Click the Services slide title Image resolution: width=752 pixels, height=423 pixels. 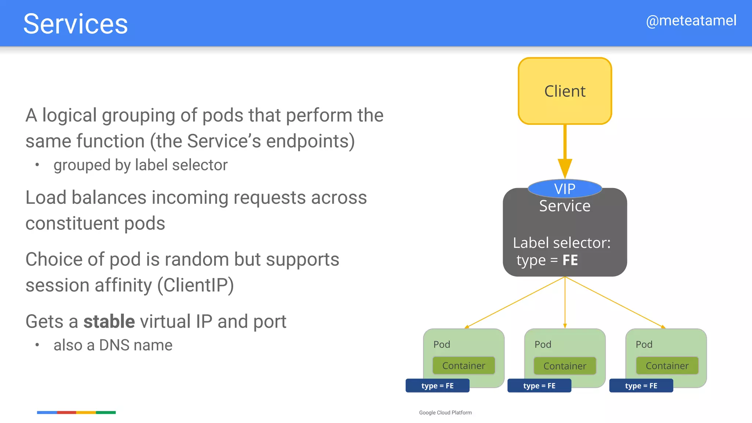(x=75, y=24)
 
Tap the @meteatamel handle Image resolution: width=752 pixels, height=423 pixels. (x=691, y=21)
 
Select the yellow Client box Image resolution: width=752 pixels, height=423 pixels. (x=565, y=91)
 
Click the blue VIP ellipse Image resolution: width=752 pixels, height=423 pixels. (x=565, y=189)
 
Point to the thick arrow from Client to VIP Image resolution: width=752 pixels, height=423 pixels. (x=565, y=147)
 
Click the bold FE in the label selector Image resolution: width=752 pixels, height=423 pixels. (x=570, y=260)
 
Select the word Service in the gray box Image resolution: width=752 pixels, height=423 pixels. (x=565, y=206)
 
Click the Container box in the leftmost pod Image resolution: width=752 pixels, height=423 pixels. (x=464, y=366)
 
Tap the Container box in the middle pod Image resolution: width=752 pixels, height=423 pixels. (x=565, y=366)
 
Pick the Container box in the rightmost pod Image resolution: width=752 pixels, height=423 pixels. (x=667, y=366)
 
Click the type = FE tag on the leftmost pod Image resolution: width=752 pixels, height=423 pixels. (x=437, y=386)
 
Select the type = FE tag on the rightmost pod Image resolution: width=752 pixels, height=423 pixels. (x=641, y=386)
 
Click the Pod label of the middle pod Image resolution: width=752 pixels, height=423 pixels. (x=543, y=344)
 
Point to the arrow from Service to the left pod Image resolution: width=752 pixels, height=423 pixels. (x=514, y=302)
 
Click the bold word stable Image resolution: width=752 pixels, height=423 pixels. (x=109, y=322)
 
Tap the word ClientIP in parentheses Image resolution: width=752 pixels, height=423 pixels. (x=196, y=285)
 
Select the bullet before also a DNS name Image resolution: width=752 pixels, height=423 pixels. (x=37, y=345)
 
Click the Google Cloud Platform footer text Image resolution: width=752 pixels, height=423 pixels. (x=445, y=413)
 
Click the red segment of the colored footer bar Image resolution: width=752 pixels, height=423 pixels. (x=66, y=412)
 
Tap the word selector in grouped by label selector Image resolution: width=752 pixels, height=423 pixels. (x=200, y=165)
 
